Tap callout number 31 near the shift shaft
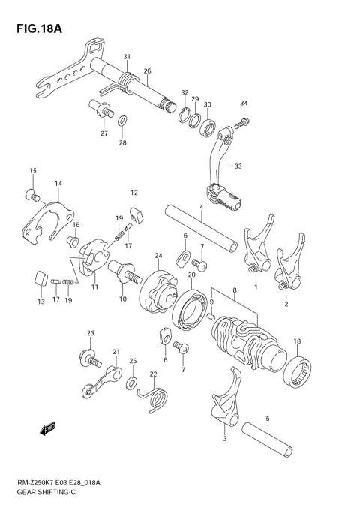(x=127, y=57)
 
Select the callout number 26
(x=147, y=71)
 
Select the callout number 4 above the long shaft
(x=200, y=208)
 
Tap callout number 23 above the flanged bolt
(x=90, y=333)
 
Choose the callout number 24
(x=159, y=254)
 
